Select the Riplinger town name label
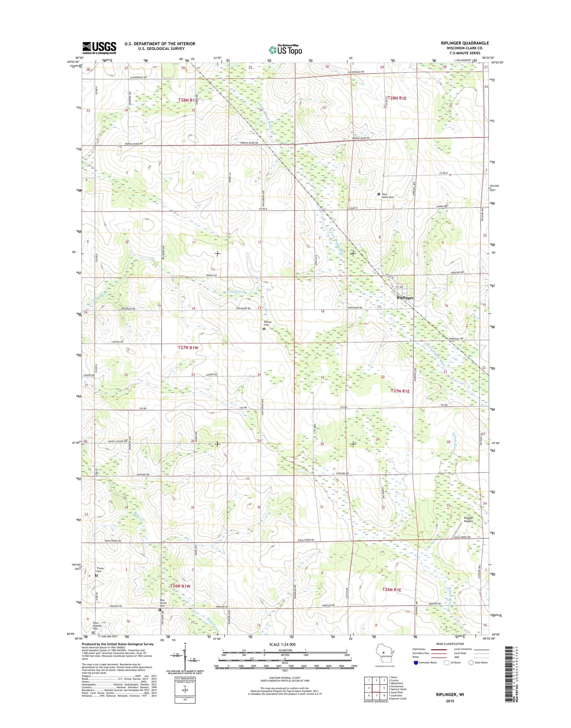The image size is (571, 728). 405,298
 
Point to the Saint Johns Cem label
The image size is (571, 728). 388,196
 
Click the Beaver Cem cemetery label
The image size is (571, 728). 267,323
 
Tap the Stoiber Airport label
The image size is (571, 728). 468,519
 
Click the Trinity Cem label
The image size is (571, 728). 100,570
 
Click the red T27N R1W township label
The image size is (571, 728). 188,348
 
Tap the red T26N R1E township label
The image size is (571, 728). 392,590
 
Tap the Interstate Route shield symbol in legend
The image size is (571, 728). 415,663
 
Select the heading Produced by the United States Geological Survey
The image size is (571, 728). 118,644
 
